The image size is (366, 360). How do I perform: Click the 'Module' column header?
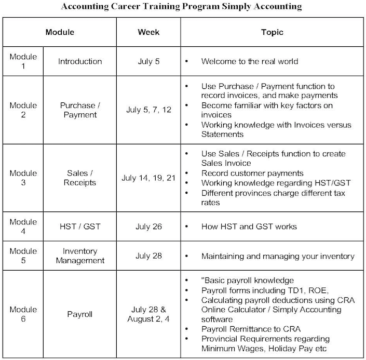[x=60, y=32]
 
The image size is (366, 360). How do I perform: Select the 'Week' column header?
[x=148, y=32]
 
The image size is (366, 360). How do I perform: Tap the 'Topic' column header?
[x=272, y=32]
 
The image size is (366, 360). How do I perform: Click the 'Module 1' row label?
[x=23, y=61]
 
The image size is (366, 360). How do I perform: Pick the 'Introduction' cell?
[x=80, y=61]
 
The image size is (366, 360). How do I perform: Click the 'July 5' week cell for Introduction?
[x=148, y=61]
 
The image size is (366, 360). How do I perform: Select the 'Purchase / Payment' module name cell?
[x=80, y=110]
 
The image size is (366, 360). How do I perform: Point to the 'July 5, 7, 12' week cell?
[x=148, y=110]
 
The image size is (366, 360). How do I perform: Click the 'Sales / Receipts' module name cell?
[x=80, y=178]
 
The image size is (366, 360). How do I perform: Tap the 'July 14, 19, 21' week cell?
[x=148, y=178]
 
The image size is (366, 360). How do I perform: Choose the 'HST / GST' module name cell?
[x=80, y=226]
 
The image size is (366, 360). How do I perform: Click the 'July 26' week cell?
[x=148, y=226]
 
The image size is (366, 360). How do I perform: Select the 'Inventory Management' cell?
[x=80, y=256]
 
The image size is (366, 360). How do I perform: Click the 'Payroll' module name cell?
[x=80, y=314]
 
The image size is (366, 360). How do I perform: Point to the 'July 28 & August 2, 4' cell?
[x=148, y=314]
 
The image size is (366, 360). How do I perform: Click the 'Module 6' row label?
[x=23, y=314]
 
